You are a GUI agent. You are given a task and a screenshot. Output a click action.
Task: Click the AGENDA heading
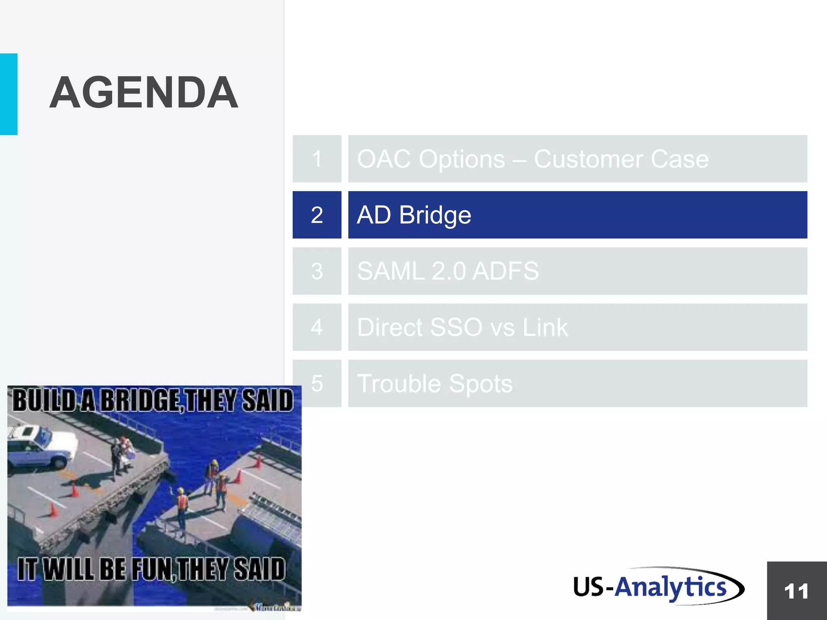(144, 93)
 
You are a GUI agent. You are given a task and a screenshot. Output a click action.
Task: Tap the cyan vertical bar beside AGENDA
(8, 94)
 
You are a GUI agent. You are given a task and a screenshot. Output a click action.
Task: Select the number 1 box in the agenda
(317, 159)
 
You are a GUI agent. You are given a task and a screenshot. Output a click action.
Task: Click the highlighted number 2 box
(317, 215)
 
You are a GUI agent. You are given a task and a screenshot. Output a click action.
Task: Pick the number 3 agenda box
(317, 271)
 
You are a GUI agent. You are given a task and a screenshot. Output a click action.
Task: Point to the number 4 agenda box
(317, 327)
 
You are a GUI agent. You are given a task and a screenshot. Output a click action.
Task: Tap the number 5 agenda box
(317, 383)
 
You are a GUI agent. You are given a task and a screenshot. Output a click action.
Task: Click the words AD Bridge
(414, 215)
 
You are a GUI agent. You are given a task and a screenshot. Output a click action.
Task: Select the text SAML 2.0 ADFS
(448, 271)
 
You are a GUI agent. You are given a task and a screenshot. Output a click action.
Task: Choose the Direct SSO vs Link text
(462, 327)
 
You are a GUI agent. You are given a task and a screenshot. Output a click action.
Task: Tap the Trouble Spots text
(435, 383)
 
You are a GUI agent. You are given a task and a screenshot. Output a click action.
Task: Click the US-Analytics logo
(658, 586)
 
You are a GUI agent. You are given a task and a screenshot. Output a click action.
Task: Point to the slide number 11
(796, 591)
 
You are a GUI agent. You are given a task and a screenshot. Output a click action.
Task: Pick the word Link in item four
(545, 327)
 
